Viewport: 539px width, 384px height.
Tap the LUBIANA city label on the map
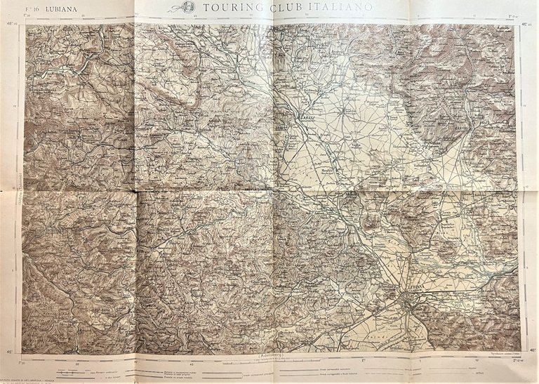coord(413,288)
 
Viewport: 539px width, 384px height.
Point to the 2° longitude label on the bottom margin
coord(363,360)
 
